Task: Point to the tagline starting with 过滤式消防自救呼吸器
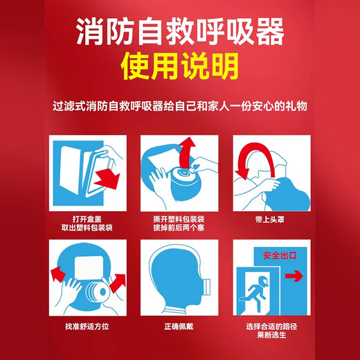(179, 108)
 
